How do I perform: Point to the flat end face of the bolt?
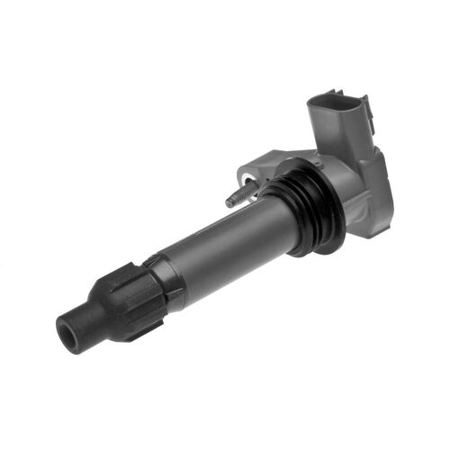229,203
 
